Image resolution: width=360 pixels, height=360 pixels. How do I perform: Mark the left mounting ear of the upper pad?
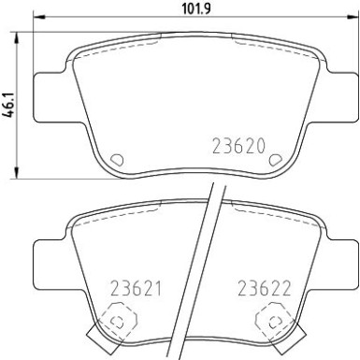(x=50, y=96)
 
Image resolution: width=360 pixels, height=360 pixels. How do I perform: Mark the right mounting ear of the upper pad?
(x=343, y=96)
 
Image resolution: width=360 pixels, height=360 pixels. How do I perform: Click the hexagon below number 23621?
(x=115, y=323)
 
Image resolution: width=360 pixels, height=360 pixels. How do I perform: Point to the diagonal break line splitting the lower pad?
(x=206, y=271)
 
